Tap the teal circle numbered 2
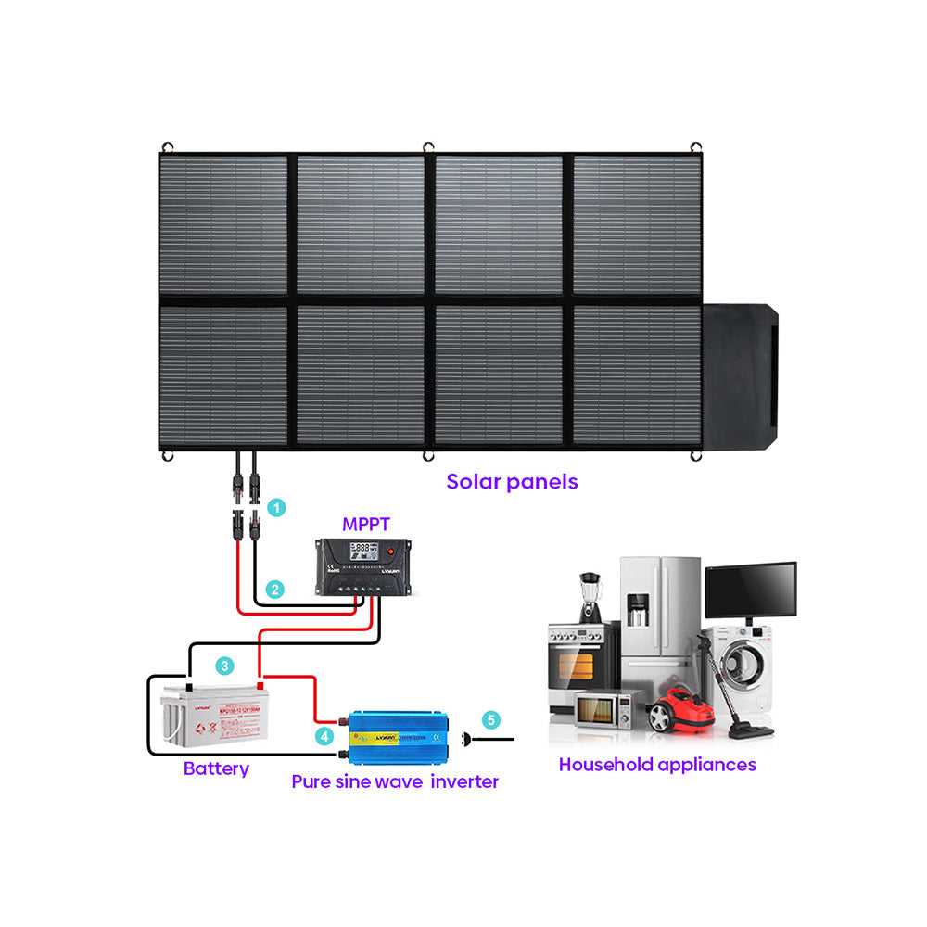click(x=274, y=589)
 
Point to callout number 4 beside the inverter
click(x=324, y=736)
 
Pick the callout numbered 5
click(x=491, y=718)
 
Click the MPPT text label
click(x=365, y=524)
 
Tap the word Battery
click(x=216, y=768)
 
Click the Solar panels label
click(x=512, y=481)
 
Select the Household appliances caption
click(x=657, y=765)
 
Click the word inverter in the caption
click(x=465, y=781)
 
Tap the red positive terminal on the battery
click(x=260, y=686)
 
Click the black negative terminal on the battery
click(x=189, y=688)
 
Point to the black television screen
click(x=750, y=589)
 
